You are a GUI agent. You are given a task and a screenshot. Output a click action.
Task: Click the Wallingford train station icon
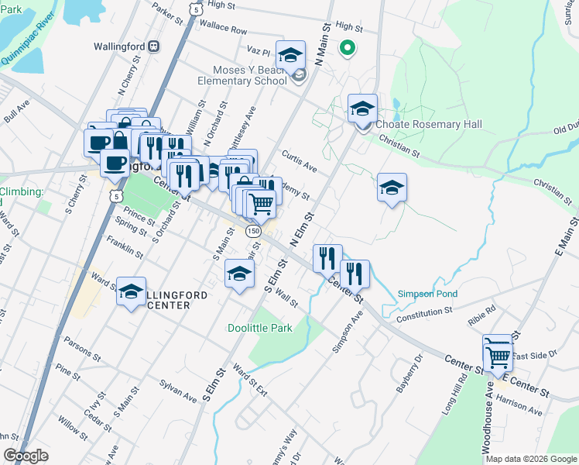(154, 46)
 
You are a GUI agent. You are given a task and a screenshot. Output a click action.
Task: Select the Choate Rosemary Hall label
(428, 124)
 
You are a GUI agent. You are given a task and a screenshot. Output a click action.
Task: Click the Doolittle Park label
(260, 328)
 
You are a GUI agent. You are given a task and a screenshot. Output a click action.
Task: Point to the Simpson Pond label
(427, 294)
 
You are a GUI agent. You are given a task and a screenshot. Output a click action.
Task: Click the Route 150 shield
(252, 231)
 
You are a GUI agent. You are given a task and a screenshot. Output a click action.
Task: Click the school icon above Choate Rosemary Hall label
(361, 109)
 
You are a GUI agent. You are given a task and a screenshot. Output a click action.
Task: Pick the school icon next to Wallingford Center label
(132, 291)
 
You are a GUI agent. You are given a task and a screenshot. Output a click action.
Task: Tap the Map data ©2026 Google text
(531, 459)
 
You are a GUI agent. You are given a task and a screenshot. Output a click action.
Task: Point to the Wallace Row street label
(223, 30)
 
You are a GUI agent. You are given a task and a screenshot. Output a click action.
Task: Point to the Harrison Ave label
(519, 404)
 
